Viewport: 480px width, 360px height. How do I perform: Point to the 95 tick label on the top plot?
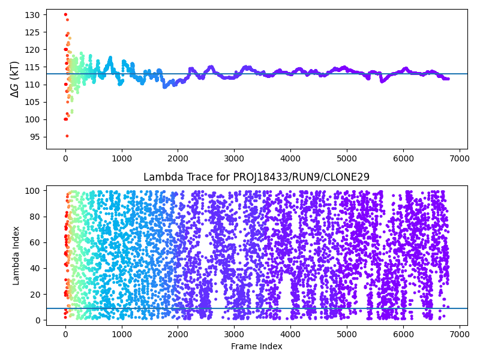pos(36,137)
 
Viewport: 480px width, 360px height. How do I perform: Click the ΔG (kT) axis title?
pos(15,79)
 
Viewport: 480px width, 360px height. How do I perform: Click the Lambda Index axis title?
pos(16,256)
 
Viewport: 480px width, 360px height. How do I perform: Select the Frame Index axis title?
pos(256,346)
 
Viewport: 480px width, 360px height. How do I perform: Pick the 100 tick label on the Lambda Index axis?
pos(34,190)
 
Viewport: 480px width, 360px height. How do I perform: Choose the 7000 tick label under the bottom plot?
pos(459,334)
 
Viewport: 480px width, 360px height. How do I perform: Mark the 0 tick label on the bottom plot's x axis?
pos(65,334)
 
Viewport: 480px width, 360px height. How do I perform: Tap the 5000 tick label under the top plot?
pos(347,158)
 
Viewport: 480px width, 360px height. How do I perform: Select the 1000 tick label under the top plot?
pos(122,158)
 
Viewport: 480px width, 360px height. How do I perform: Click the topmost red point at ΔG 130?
pos(65,14)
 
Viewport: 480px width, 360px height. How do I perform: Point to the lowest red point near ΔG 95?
pos(67,136)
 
